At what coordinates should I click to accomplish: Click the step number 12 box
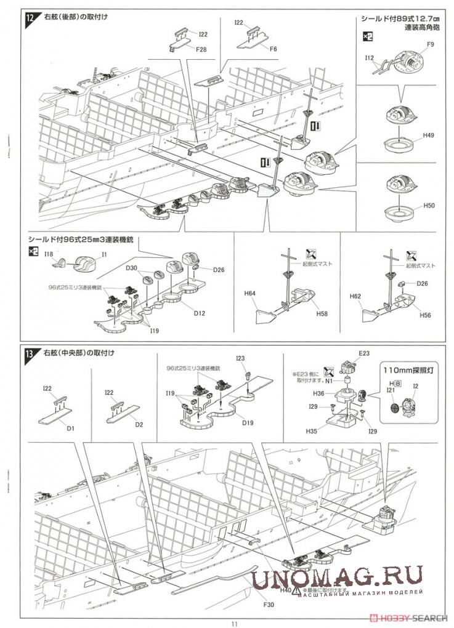click(x=30, y=17)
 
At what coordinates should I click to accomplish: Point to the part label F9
click(x=430, y=45)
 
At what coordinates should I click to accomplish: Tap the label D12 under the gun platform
click(x=199, y=313)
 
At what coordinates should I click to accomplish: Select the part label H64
click(x=249, y=294)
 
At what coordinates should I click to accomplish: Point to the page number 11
click(x=234, y=622)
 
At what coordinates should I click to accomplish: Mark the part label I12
click(x=370, y=57)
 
